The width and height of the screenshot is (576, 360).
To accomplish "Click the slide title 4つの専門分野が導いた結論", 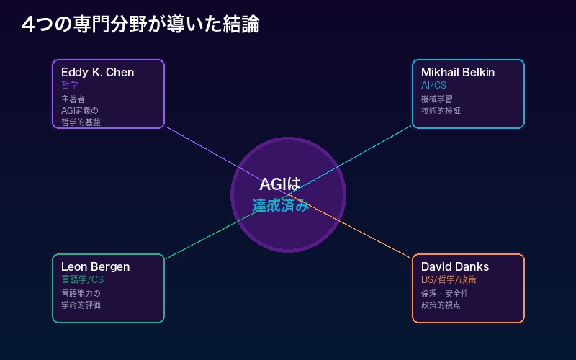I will (140, 24).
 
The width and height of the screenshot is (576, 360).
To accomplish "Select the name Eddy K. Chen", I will (97, 72).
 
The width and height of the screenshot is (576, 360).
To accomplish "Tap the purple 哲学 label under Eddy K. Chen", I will (70, 85).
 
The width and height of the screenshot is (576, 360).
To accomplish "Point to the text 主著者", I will (73, 99).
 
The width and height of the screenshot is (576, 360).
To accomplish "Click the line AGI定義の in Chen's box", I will (79, 111).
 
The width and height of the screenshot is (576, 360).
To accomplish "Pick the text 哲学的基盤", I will (81, 122).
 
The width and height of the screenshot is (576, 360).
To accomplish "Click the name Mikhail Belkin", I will (458, 72).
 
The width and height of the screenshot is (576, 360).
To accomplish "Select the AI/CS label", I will (434, 85).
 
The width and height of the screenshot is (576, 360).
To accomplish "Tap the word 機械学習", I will (437, 99).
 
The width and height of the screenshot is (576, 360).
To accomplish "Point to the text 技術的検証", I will (441, 111).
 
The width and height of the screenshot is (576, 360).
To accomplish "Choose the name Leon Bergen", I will (95, 266).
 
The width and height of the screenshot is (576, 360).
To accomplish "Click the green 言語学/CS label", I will (82, 279).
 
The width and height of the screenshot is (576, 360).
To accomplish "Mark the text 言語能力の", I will (81, 294).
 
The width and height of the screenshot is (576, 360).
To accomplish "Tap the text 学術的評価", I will (81, 305).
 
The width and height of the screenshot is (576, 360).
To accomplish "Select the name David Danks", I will (455, 266).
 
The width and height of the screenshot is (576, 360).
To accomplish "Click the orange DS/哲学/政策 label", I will (449, 279).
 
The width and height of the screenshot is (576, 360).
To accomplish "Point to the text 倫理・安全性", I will (444, 294).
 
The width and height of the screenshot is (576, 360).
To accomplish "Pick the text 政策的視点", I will (441, 305).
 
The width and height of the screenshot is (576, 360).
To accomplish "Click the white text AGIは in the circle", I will (280, 185).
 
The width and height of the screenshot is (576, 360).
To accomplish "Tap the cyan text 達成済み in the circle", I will (281, 206).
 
